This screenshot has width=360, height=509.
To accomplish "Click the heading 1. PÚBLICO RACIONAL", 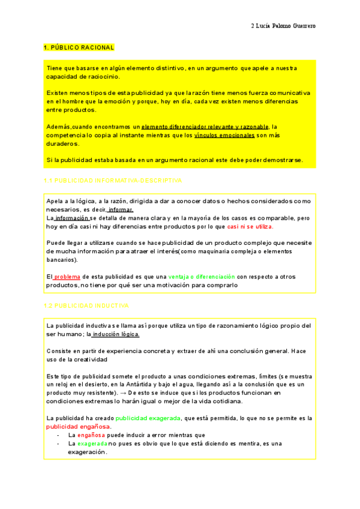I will coord(79,47).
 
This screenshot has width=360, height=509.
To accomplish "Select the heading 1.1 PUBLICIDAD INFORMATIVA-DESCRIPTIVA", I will coord(113,180).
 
